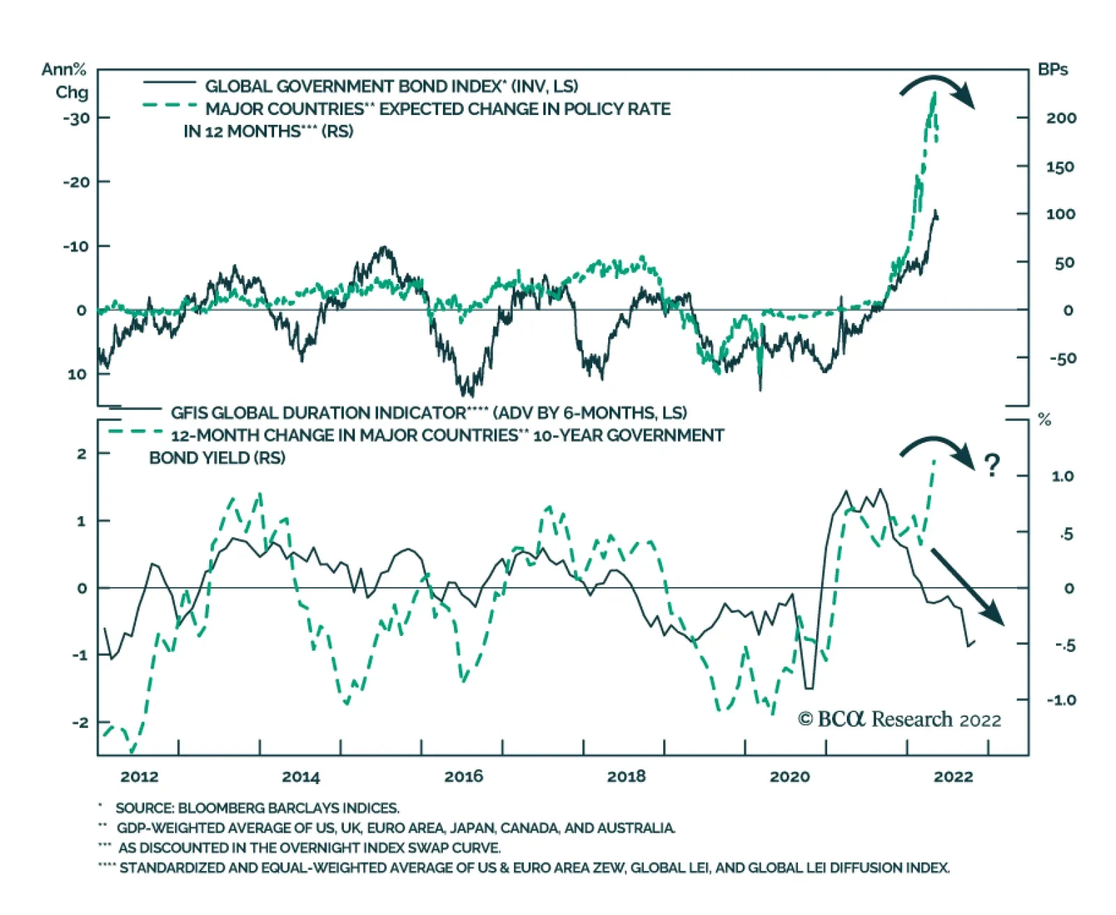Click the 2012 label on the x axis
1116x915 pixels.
tap(139, 777)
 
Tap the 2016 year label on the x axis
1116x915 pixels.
tap(464, 777)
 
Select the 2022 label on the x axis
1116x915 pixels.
tap(953, 777)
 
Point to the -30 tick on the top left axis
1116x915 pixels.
tap(76, 118)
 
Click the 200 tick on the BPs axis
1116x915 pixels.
tap(1060, 118)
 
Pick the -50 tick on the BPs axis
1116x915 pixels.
tap(1062, 358)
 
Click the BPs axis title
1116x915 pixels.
tap(1053, 70)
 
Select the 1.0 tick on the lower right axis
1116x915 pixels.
tap(1062, 476)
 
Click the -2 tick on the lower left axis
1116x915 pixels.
tap(80, 723)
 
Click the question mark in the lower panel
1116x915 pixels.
tap(992, 465)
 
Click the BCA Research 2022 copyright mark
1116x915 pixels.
tap(899, 720)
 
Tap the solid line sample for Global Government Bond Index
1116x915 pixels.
tap(169, 84)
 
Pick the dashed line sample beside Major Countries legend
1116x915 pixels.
tap(169, 106)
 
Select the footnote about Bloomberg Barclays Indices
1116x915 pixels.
tap(257, 808)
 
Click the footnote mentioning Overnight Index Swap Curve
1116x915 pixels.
tap(309, 848)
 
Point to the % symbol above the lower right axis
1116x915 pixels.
tap(1044, 420)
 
